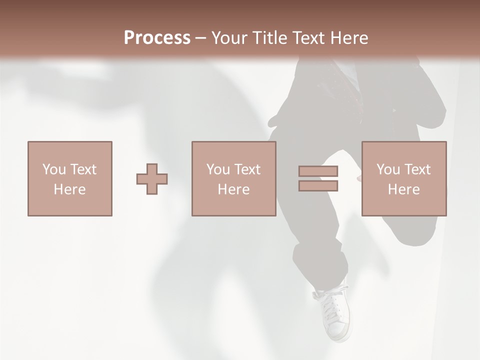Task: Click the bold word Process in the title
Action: [x=157, y=38]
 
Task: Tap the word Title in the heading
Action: [x=270, y=38]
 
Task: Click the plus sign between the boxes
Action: [x=152, y=178]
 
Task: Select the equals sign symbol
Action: [x=318, y=178]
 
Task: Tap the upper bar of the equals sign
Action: [x=318, y=171]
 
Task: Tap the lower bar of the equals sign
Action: [x=318, y=186]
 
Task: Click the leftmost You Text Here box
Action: [x=69, y=178]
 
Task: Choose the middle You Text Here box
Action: [x=233, y=178]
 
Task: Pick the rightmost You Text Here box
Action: [x=403, y=178]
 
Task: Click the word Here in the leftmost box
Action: [x=69, y=189]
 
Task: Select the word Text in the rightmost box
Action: [x=416, y=169]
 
